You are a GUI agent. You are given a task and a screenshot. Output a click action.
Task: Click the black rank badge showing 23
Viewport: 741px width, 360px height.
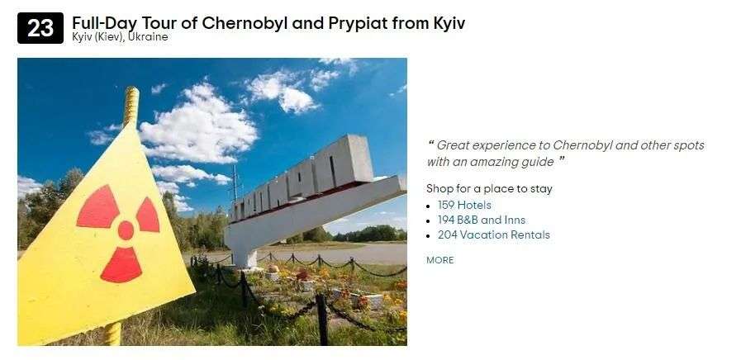coord(40,28)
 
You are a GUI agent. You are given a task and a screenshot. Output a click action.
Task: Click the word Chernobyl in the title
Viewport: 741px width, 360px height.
coord(245,22)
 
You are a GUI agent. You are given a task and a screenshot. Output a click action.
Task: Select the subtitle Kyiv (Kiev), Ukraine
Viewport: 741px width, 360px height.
coord(120,37)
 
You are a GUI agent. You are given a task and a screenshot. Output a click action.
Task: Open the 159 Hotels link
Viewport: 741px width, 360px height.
coord(464,205)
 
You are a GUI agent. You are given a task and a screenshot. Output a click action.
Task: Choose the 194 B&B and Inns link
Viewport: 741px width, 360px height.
coord(481,220)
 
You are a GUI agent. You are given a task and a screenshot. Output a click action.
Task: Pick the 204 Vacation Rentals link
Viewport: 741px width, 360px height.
coord(493,234)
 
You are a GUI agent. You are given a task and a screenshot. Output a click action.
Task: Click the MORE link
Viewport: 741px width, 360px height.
coord(440,260)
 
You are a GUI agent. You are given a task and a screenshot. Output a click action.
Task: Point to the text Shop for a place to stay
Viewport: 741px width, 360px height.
coord(489,189)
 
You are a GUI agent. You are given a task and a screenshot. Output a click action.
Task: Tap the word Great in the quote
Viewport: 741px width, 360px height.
coord(452,145)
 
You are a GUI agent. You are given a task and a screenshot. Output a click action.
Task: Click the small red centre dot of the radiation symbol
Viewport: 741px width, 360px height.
coord(126,230)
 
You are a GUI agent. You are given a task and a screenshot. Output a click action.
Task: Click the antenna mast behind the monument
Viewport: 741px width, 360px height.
coord(235,183)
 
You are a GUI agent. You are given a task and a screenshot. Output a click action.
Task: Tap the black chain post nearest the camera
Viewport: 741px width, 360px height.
coord(322,319)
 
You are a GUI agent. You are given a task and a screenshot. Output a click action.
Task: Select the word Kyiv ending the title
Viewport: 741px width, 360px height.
coord(449,24)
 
